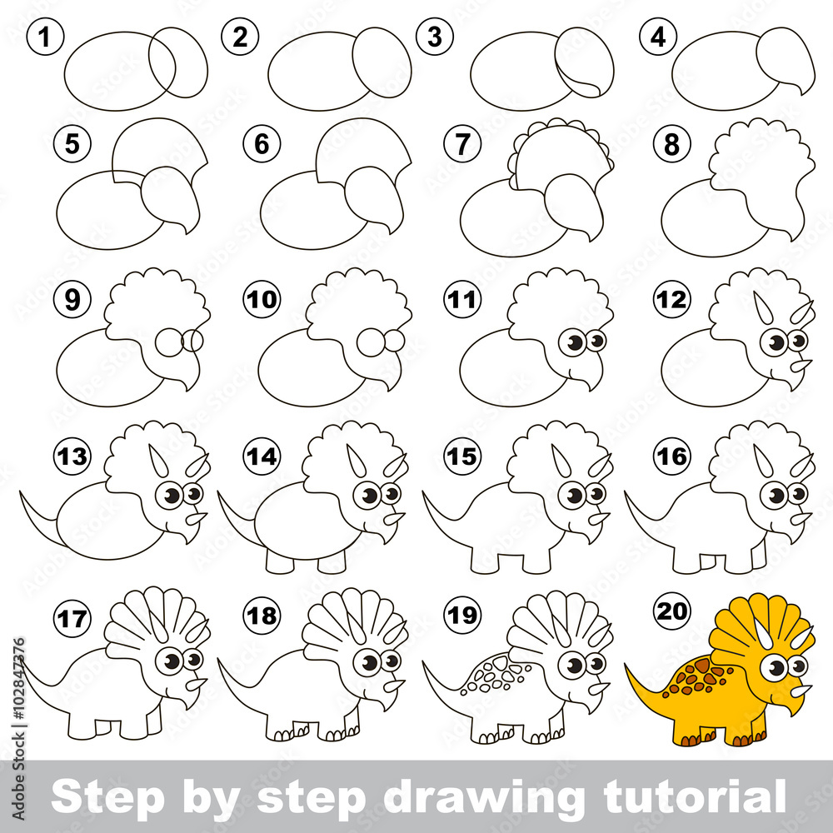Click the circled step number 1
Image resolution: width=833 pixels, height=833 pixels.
coord(45,37)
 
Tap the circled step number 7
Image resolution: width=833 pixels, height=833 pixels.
coord(462,143)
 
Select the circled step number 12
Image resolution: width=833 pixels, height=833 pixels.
coord(672,299)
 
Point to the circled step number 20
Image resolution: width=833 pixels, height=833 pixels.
coord(672,611)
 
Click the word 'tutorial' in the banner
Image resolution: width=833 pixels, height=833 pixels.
coord(695,796)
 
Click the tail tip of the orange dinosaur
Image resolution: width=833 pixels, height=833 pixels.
coord(626,665)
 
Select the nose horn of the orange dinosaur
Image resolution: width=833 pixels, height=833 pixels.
coord(801,691)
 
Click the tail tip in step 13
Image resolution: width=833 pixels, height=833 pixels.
coord(22,493)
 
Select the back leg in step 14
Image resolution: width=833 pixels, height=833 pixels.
coord(279,562)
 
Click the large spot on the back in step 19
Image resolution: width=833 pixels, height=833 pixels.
coord(499,663)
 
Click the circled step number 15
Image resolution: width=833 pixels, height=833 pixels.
coord(462,456)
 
